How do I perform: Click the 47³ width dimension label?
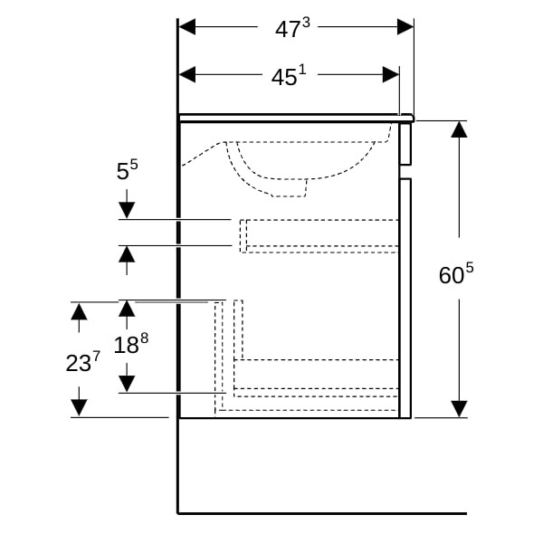click(292, 28)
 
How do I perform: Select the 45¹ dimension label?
click(289, 76)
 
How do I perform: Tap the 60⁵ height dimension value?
click(456, 274)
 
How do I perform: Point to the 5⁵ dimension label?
click(127, 170)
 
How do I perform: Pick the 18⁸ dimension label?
click(131, 344)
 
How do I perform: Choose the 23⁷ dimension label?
click(82, 362)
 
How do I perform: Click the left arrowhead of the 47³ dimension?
click(187, 26)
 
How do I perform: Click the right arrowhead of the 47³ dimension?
click(405, 26)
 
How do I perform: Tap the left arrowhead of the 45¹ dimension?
click(187, 74)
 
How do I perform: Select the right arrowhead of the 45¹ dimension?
click(391, 74)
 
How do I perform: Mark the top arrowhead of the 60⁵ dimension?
click(459, 129)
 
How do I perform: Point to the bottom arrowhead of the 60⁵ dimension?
click(459, 409)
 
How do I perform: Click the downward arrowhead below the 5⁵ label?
click(127, 211)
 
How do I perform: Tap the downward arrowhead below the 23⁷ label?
click(79, 407)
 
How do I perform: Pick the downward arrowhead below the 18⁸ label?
click(127, 384)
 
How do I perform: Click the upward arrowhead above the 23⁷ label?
click(79, 311)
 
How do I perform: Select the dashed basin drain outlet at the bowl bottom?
click(290, 187)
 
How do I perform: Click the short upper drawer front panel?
click(405, 144)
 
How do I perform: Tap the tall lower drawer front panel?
click(405, 298)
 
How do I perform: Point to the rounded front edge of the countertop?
click(411, 118)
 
